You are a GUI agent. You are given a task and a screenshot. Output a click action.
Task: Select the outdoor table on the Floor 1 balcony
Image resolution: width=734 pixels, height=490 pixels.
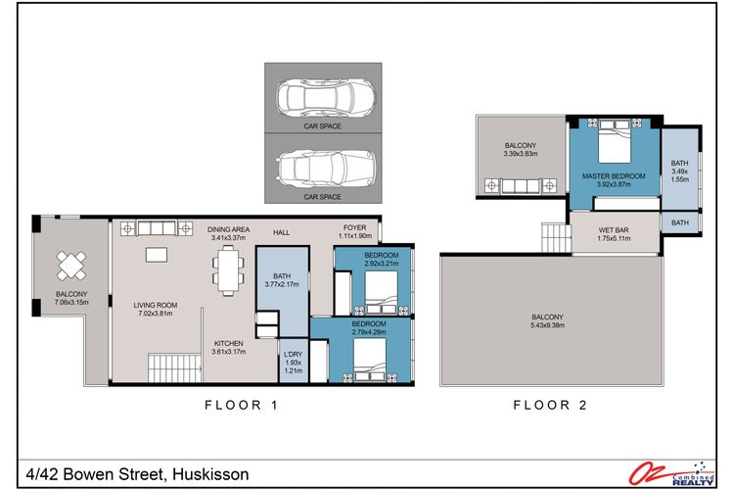[71, 265]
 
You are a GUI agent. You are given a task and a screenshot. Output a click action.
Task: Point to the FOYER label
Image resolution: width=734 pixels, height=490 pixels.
[354, 227]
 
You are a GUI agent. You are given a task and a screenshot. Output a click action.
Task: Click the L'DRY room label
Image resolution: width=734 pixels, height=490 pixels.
[292, 354]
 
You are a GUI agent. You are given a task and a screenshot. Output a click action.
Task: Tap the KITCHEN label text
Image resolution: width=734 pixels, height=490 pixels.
[230, 343]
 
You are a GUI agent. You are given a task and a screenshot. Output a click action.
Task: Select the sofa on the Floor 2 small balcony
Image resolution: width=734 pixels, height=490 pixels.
[519, 186]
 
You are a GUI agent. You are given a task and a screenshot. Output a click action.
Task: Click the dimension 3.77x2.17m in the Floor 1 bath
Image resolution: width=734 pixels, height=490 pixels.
[281, 285]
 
